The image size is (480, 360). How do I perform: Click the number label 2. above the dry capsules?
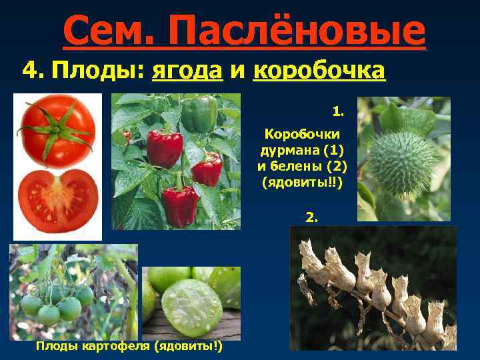[311, 217]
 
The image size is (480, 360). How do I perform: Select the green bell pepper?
[199, 113]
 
